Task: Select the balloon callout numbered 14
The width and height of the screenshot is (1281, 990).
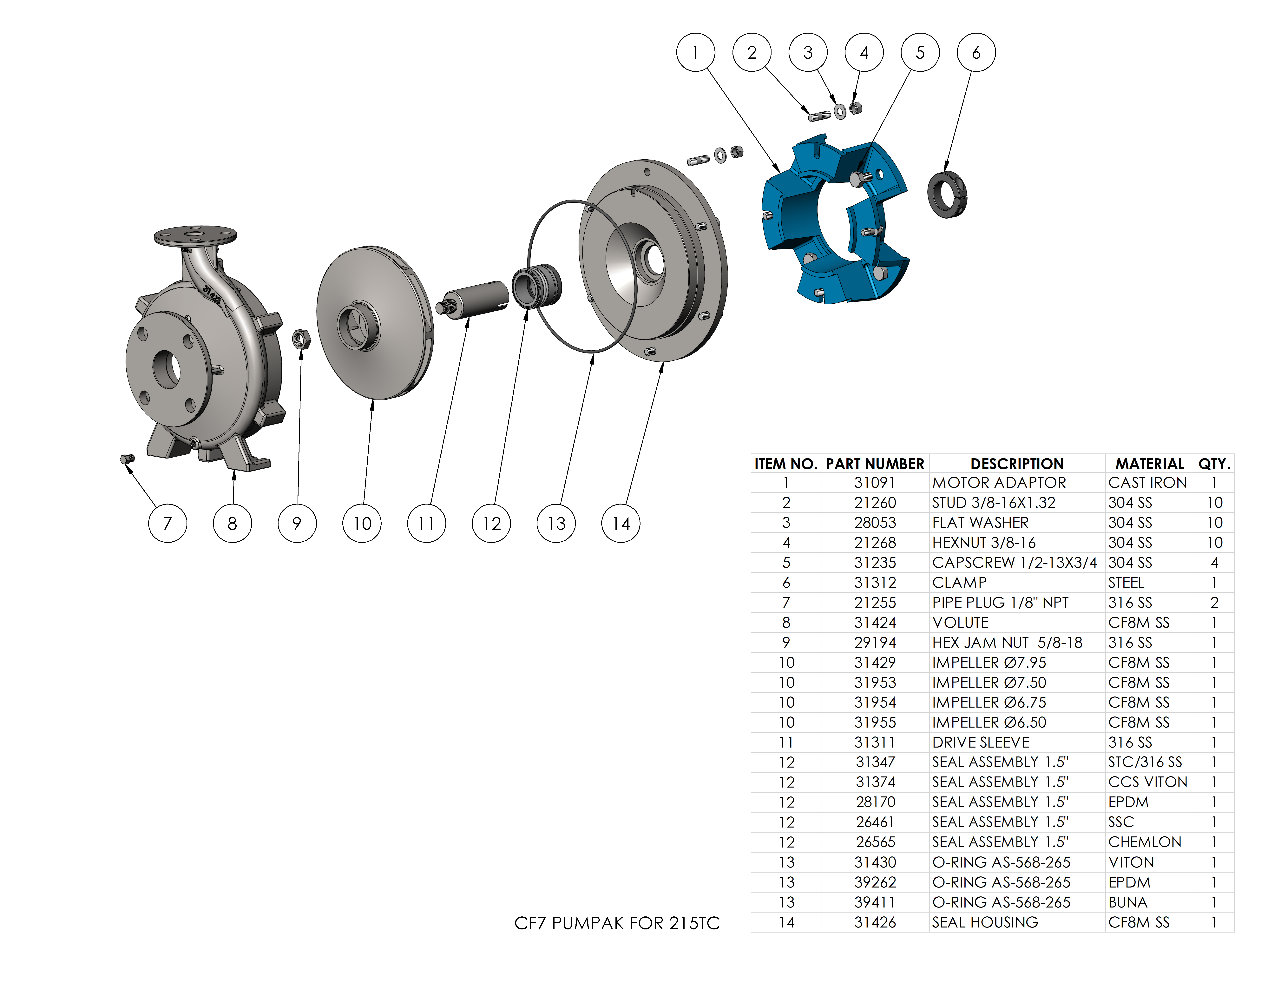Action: pyautogui.click(x=621, y=523)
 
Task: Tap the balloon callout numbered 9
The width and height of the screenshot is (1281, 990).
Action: pyautogui.click(x=297, y=523)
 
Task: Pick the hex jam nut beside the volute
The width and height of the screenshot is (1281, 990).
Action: pyautogui.click(x=301, y=339)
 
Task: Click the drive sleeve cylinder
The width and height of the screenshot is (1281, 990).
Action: pyautogui.click(x=475, y=299)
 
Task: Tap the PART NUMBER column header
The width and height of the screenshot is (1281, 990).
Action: pyautogui.click(x=875, y=464)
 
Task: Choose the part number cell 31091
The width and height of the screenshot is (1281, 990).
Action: pyautogui.click(x=875, y=483)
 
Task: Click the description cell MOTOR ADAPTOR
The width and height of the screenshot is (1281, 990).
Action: pyautogui.click(x=999, y=483)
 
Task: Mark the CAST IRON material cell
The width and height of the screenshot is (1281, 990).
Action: pyautogui.click(x=1147, y=483)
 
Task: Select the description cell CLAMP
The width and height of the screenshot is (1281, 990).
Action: pyautogui.click(x=960, y=582)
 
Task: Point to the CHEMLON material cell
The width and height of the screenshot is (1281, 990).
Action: pyautogui.click(x=1144, y=842)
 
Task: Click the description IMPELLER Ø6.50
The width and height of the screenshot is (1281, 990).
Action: pyautogui.click(x=989, y=722)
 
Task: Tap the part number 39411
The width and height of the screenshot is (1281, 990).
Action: pyautogui.click(x=875, y=902)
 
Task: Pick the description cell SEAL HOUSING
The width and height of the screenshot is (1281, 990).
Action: pyautogui.click(x=985, y=922)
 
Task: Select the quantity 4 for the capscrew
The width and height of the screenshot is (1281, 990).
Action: pyautogui.click(x=1214, y=562)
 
